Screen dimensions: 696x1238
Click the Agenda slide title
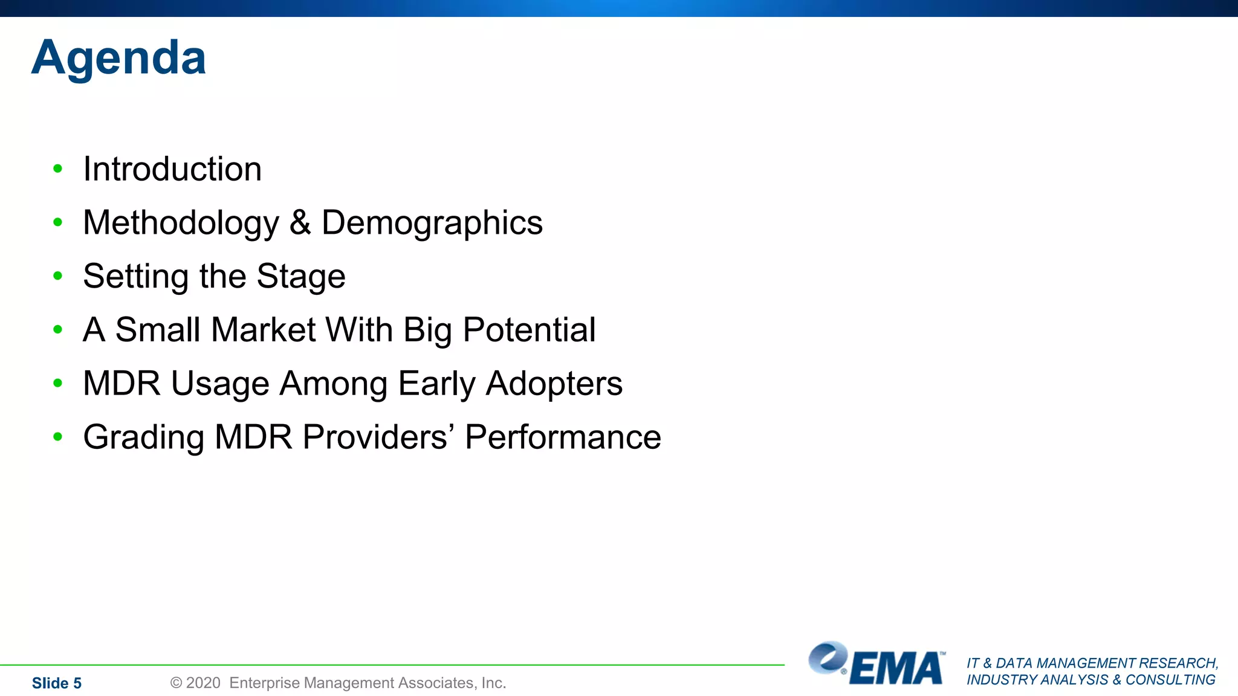pyautogui.click(x=118, y=58)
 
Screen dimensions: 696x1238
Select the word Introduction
pyautogui.click(x=172, y=169)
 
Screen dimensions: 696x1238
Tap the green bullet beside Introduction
pyautogui.click(x=58, y=169)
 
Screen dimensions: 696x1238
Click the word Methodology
pyautogui.click(x=181, y=223)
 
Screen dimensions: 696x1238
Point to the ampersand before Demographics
pyautogui.click(x=300, y=222)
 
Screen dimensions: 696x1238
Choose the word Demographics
pyautogui.click(x=432, y=223)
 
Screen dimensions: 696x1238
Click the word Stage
pyautogui.click(x=300, y=277)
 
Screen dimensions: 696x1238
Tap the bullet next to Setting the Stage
pyautogui.click(x=58, y=276)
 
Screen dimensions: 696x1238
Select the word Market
pyautogui.click(x=263, y=330)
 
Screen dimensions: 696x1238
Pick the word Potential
pyautogui.click(x=529, y=330)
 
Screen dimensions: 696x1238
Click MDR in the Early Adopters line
pyautogui.click(x=122, y=384)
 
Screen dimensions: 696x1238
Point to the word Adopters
pyautogui.click(x=554, y=384)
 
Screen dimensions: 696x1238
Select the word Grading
pyautogui.click(x=144, y=437)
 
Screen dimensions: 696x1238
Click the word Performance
pyautogui.click(x=563, y=437)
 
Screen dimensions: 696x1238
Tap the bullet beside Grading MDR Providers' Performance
pyautogui.click(x=58, y=437)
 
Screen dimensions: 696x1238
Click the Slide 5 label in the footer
pyautogui.click(x=56, y=683)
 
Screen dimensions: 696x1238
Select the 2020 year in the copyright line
pyautogui.click(x=203, y=683)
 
